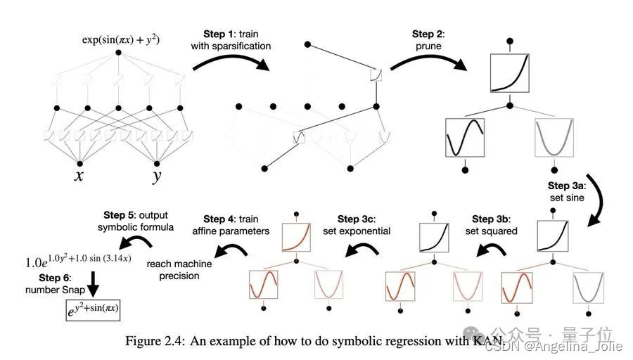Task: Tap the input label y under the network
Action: pyautogui.click(x=156, y=176)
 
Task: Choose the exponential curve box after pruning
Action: pyautogui.click(x=510, y=72)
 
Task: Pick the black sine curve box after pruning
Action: pyautogui.click(x=465, y=136)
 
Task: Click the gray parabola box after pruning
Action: pyautogui.click(x=554, y=136)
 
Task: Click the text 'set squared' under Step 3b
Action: pyautogui.click(x=490, y=231)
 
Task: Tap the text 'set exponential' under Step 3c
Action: pyautogui.click(x=356, y=231)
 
